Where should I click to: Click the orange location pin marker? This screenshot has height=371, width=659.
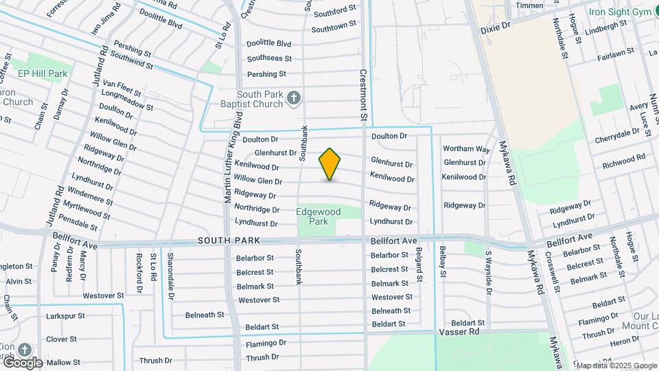329,164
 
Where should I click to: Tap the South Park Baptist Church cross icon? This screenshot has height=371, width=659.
294,98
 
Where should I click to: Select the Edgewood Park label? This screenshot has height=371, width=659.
318,217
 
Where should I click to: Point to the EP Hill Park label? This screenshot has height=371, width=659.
43,74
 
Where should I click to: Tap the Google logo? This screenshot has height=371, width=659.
22,362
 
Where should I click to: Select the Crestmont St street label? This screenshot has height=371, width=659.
363,95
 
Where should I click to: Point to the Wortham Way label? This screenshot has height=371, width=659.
466,149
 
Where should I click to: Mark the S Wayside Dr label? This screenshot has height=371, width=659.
489,272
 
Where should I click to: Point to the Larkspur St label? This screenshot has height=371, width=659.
65,317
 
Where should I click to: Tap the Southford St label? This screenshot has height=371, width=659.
334,9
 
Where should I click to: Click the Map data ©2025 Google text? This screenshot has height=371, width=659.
616,366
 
